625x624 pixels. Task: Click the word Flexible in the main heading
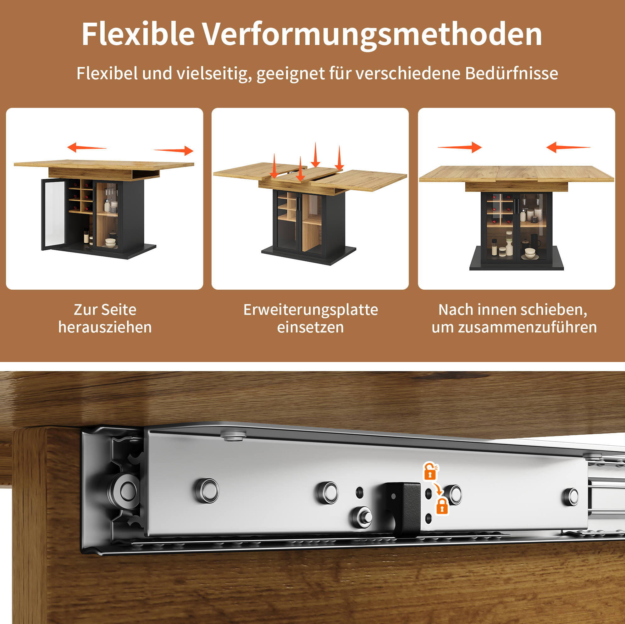tap(138, 34)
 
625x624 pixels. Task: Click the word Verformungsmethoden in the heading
tap(372, 35)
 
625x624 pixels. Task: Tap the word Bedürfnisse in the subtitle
tap(512, 73)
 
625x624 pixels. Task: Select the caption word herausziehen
tap(105, 327)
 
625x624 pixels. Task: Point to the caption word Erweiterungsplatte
tap(311, 310)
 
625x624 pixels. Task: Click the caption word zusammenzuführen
tap(528, 327)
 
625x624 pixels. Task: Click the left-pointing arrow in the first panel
tap(87, 148)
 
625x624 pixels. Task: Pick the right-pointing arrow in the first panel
tap(174, 151)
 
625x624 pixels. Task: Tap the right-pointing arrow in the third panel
tap(460, 147)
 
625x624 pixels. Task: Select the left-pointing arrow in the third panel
tap(568, 147)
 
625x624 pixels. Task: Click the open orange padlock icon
tap(431, 471)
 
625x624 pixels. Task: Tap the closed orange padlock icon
tap(442, 506)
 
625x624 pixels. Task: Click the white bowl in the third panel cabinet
tap(530, 253)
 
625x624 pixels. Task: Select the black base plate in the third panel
tap(517, 259)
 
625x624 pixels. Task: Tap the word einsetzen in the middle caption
tap(311, 327)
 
